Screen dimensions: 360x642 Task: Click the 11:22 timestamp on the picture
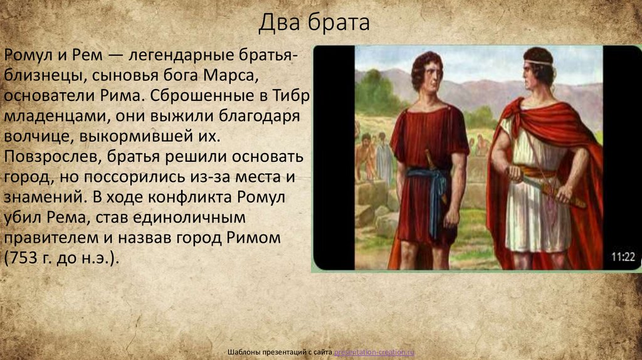(623, 256)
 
